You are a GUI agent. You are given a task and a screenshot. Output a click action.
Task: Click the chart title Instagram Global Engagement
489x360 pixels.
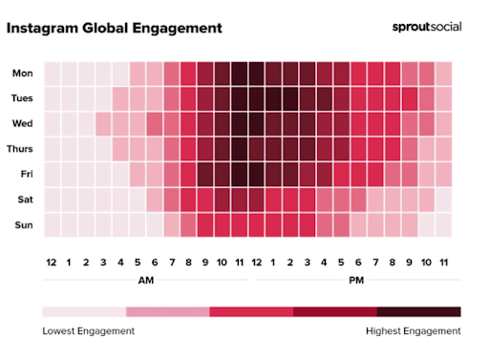(114, 28)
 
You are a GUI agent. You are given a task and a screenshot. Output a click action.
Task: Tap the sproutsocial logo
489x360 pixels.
(426, 27)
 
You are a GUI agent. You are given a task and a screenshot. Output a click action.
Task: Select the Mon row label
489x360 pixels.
(22, 74)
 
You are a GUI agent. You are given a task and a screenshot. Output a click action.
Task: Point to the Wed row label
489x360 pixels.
(22, 123)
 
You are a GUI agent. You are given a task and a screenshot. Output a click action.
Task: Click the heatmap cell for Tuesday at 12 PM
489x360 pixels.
(256, 98)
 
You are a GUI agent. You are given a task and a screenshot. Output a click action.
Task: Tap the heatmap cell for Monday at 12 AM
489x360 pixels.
(51, 74)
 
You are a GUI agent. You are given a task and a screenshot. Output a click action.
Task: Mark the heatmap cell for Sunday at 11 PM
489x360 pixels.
(444, 224)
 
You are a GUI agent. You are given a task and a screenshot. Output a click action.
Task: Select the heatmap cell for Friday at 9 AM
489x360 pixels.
(204, 174)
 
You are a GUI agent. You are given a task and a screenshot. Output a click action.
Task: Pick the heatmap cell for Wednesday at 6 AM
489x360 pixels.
(154, 123)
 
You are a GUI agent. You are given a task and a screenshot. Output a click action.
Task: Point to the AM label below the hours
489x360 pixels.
(145, 281)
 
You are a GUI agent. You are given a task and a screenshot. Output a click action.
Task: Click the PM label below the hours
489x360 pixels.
(355, 281)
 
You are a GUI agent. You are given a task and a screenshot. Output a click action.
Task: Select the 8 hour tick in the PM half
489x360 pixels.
(393, 262)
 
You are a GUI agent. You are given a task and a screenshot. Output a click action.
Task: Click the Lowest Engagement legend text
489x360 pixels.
(89, 331)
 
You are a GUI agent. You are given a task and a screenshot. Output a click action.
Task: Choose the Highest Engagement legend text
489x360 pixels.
(414, 331)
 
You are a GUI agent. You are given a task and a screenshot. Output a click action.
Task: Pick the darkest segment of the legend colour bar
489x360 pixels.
(418, 311)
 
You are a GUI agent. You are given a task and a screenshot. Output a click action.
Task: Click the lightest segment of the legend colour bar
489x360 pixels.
(84, 311)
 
